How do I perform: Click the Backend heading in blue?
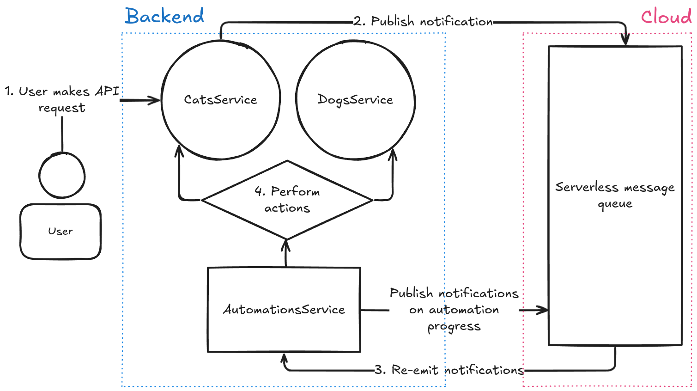(164, 16)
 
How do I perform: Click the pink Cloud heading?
(666, 17)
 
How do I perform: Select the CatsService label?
(220, 100)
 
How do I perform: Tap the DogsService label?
(355, 100)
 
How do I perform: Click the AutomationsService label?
(284, 309)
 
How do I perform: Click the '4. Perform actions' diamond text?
(287, 200)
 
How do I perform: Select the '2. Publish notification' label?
(423, 21)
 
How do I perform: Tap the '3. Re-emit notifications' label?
(449, 370)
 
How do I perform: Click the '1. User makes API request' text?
(62, 99)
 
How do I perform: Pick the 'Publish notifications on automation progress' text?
(454, 309)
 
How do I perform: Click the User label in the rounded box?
(61, 231)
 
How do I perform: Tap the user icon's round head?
(62, 176)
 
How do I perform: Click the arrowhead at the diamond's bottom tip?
(286, 244)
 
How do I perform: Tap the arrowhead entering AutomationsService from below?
(285, 358)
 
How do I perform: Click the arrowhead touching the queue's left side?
(543, 310)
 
